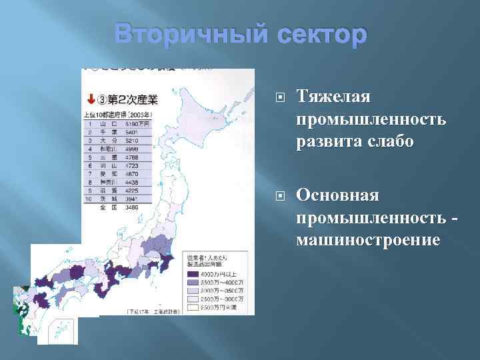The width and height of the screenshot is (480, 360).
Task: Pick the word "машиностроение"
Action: click(x=368, y=239)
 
